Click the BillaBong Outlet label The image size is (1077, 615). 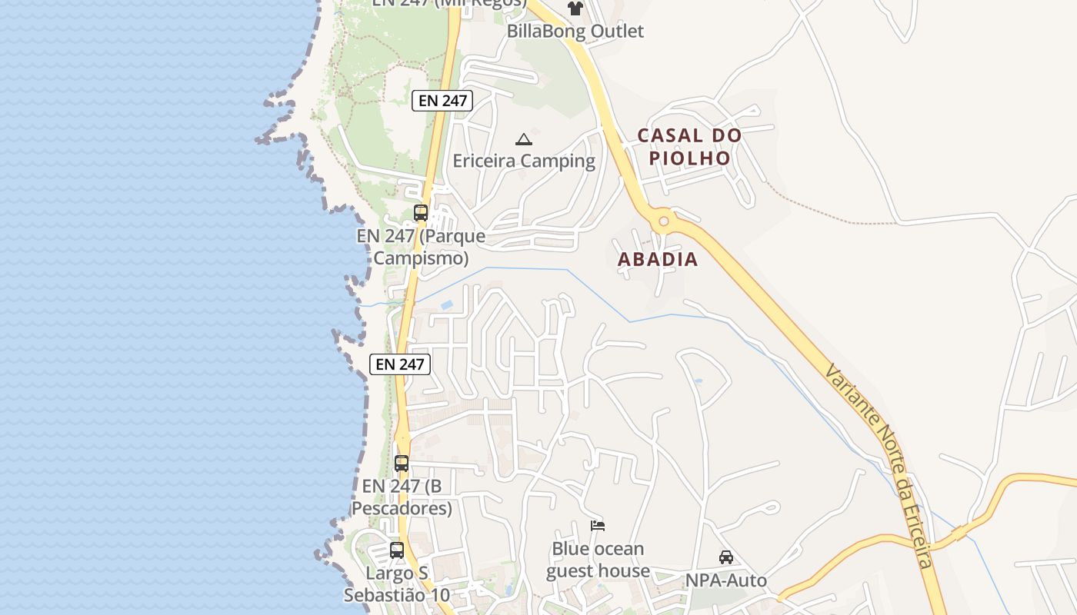coord(575,32)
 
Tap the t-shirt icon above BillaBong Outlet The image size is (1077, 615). coord(575,8)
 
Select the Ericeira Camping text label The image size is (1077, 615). coord(524,161)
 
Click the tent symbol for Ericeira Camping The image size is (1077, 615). coord(524,139)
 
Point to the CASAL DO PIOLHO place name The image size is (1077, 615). coord(690,147)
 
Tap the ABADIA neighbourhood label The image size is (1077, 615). coord(658,260)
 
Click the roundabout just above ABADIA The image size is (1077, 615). coord(662,222)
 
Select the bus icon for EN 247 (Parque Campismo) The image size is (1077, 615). coord(420,213)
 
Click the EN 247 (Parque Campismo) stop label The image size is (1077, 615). coord(421,247)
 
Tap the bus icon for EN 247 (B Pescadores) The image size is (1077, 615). coord(402,463)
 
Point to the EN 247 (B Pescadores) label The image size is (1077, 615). coord(402,497)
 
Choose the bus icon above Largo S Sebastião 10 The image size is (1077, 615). coord(397,550)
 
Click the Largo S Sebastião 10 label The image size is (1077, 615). coord(397,584)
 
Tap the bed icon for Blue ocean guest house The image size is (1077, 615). coord(598,526)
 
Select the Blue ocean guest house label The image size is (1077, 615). coord(598,560)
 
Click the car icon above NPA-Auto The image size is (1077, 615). coord(725,557)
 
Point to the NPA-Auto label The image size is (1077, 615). coord(726,580)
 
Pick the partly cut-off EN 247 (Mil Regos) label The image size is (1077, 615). coord(448,3)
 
